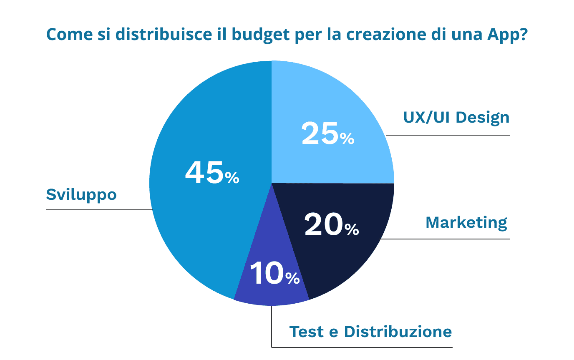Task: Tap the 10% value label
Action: coord(274,274)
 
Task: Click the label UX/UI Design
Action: coord(456,118)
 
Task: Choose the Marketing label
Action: coord(466,222)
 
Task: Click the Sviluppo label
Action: coord(81,194)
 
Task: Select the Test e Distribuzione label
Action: coord(370,332)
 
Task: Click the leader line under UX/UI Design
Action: coord(448,135)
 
